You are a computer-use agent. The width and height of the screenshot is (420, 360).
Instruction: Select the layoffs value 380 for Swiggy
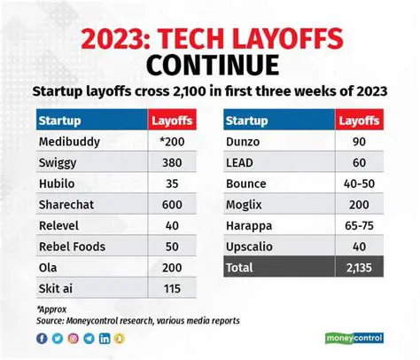(x=170, y=165)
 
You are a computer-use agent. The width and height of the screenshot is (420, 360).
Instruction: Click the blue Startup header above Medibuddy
(x=61, y=119)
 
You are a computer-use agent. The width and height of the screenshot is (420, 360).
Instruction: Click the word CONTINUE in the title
(x=210, y=64)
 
